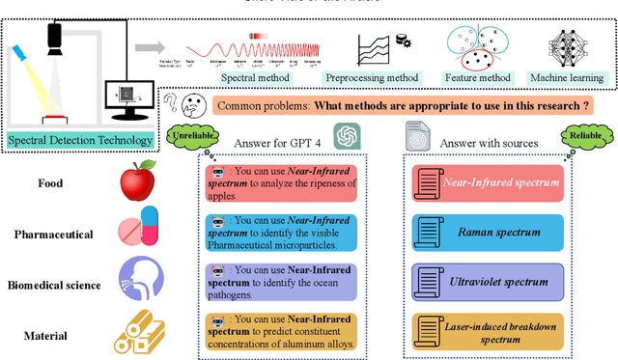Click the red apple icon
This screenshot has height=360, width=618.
(137, 181)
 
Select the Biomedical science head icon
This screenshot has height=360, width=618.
(137, 280)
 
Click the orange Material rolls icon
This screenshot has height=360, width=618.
(137, 332)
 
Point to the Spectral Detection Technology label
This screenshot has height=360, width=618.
(80, 141)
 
